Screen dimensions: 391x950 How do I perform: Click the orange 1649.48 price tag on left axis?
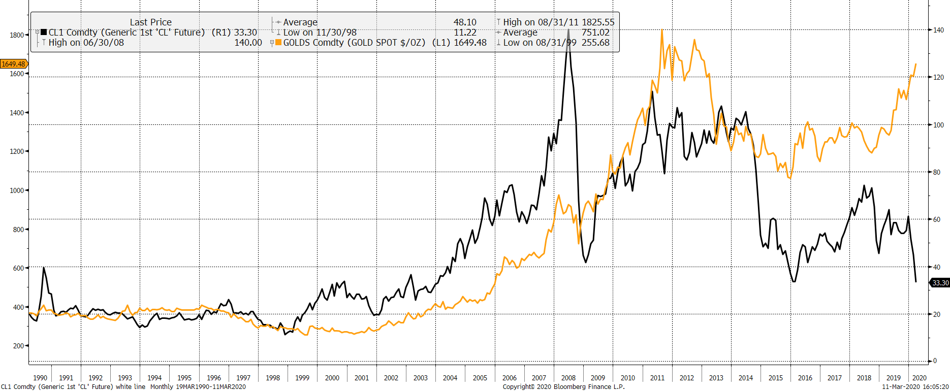(14, 64)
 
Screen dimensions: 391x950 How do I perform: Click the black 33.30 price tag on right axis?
(940, 283)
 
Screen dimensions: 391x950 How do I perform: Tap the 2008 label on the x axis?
(568, 378)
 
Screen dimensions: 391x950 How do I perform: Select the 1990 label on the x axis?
(40, 378)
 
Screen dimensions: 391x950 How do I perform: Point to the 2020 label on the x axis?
(919, 378)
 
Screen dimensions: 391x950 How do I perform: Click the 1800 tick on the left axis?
(17, 35)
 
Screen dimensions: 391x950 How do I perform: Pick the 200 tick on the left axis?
(18, 346)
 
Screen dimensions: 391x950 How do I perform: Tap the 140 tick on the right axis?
(938, 30)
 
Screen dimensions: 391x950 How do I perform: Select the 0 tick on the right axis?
(935, 361)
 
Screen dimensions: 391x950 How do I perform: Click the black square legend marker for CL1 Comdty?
(44, 32)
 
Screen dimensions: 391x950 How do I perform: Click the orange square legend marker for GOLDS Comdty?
(278, 43)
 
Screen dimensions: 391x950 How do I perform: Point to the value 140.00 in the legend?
(248, 43)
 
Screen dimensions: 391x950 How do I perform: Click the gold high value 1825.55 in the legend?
(598, 22)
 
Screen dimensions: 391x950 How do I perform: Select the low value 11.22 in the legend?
(465, 32)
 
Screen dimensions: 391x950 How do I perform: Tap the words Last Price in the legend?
(150, 22)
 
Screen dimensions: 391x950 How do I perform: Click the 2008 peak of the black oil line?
(568, 30)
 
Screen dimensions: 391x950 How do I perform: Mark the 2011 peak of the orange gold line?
(662, 30)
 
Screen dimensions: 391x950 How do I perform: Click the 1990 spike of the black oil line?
(44, 268)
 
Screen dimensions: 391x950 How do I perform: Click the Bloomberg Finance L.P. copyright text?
(563, 387)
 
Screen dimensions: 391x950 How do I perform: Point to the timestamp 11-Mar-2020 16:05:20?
(915, 387)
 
